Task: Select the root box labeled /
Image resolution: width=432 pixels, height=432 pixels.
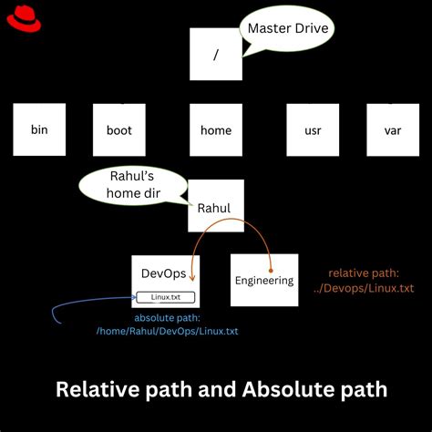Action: pos(216,54)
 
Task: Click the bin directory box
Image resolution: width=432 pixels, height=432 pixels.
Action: pos(39,129)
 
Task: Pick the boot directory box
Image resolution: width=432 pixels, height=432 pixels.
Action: pos(119,129)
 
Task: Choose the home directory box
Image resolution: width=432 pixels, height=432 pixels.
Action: pos(216,129)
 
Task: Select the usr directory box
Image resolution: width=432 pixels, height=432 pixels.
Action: pos(313,129)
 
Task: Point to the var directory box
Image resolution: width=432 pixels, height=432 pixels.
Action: pos(393,129)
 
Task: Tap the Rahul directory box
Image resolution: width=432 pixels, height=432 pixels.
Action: pos(216,206)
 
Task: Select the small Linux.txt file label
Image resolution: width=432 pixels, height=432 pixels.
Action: pos(165,296)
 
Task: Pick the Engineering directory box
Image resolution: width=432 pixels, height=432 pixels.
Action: pos(264,280)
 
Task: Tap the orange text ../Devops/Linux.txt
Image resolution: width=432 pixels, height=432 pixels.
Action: pos(370,288)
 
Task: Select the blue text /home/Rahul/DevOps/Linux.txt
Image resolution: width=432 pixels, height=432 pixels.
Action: pos(167,331)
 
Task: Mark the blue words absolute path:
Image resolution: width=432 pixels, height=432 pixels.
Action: pos(167,317)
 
